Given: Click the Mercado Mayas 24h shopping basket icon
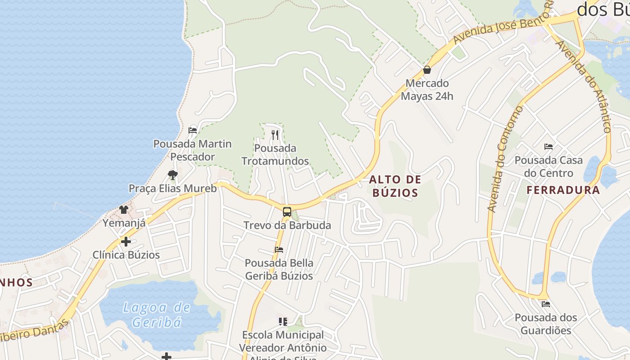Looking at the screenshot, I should [x=427, y=70].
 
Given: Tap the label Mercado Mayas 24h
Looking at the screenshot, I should [x=427, y=90].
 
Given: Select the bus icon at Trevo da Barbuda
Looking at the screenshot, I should [x=287, y=211].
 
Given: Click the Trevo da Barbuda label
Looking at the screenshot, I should [x=287, y=225].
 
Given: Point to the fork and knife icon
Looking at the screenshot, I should [x=275, y=135].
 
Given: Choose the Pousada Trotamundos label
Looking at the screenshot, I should [x=275, y=154].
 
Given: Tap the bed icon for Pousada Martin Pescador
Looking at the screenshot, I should [x=193, y=130].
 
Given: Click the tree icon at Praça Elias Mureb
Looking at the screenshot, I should [x=172, y=175].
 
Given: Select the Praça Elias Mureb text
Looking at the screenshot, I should [x=172, y=189].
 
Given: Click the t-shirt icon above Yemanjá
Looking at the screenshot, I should [x=124, y=209].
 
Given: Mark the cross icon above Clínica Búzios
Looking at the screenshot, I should [x=126, y=242].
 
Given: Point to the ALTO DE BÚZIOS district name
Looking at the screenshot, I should [x=395, y=186].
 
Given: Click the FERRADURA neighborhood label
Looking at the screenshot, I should [x=563, y=190].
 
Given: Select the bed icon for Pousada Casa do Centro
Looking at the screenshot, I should [x=548, y=147].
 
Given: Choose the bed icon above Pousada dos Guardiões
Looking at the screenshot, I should [x=545, y=304].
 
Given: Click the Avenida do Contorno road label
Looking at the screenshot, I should [x=506, y=158].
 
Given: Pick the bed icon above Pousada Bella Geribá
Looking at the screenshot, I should [x=279, y=250].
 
